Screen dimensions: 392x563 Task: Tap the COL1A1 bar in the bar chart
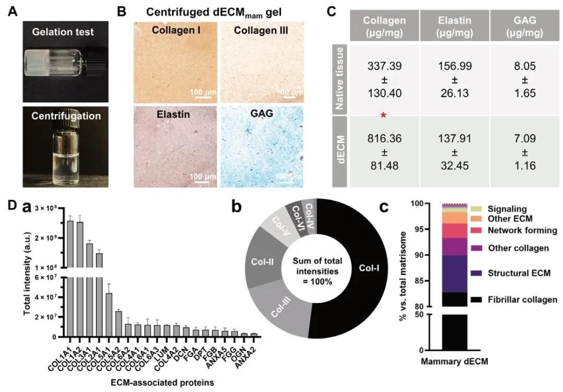(x=69, y=279)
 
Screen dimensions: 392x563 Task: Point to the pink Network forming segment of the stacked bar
(x=455, y=231)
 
